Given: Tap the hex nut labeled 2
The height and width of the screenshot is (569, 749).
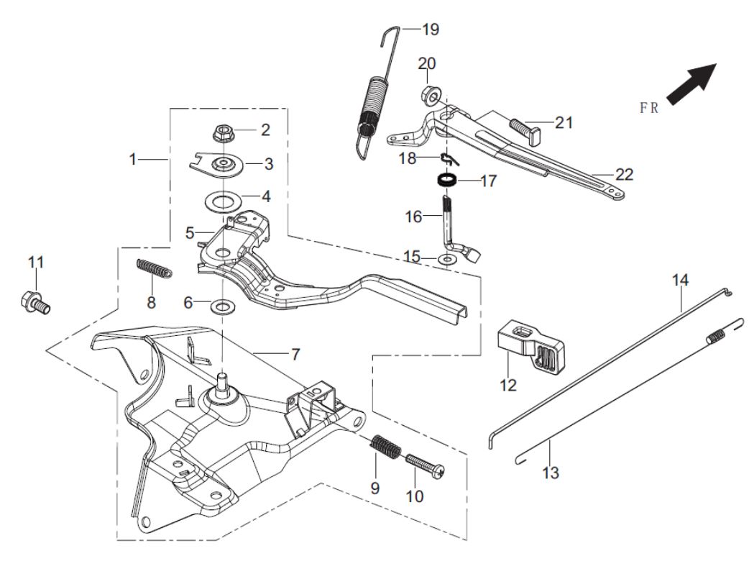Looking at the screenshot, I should point(223,134).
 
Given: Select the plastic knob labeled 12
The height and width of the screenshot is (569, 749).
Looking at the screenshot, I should point(532,347).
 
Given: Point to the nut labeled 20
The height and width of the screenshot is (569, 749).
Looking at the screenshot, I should point(428,94).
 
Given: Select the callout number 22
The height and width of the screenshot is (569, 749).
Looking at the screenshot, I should point(625,174).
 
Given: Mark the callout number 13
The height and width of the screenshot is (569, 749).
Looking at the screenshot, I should point(550,473).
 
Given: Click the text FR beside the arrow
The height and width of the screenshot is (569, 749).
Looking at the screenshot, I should point(650,109).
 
